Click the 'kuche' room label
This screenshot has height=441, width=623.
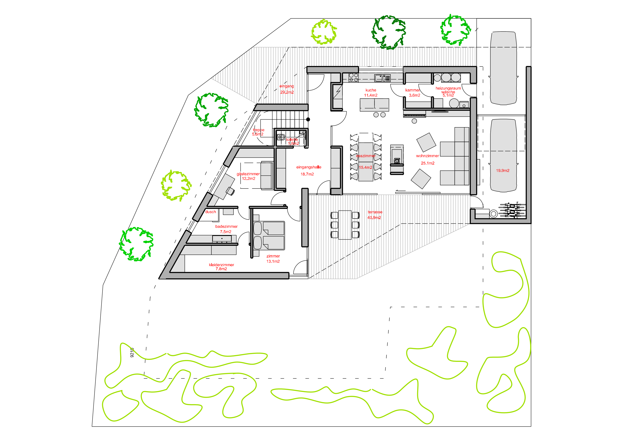(x=371, y=90)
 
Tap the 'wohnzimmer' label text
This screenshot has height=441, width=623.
(x=427, y=156)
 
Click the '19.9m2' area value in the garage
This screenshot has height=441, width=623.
(x=503, y=171)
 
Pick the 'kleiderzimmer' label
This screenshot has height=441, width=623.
(x=221, y=265)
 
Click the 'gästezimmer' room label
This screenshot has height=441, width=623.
(x=248, y=174)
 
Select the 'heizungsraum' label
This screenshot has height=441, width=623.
(x=448, y=88)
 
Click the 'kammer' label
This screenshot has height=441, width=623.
(x=412, y=90)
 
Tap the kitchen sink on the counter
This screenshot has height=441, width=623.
(x=379, y=78)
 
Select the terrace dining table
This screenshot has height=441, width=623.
(x=345, y=225)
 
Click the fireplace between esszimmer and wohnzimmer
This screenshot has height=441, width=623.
(x=397, y=160)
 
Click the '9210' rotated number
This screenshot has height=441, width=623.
(x=132, y=352)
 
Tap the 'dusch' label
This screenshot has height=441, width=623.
(x=211, y=212)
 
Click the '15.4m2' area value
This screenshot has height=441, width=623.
(x=365, y=168)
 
